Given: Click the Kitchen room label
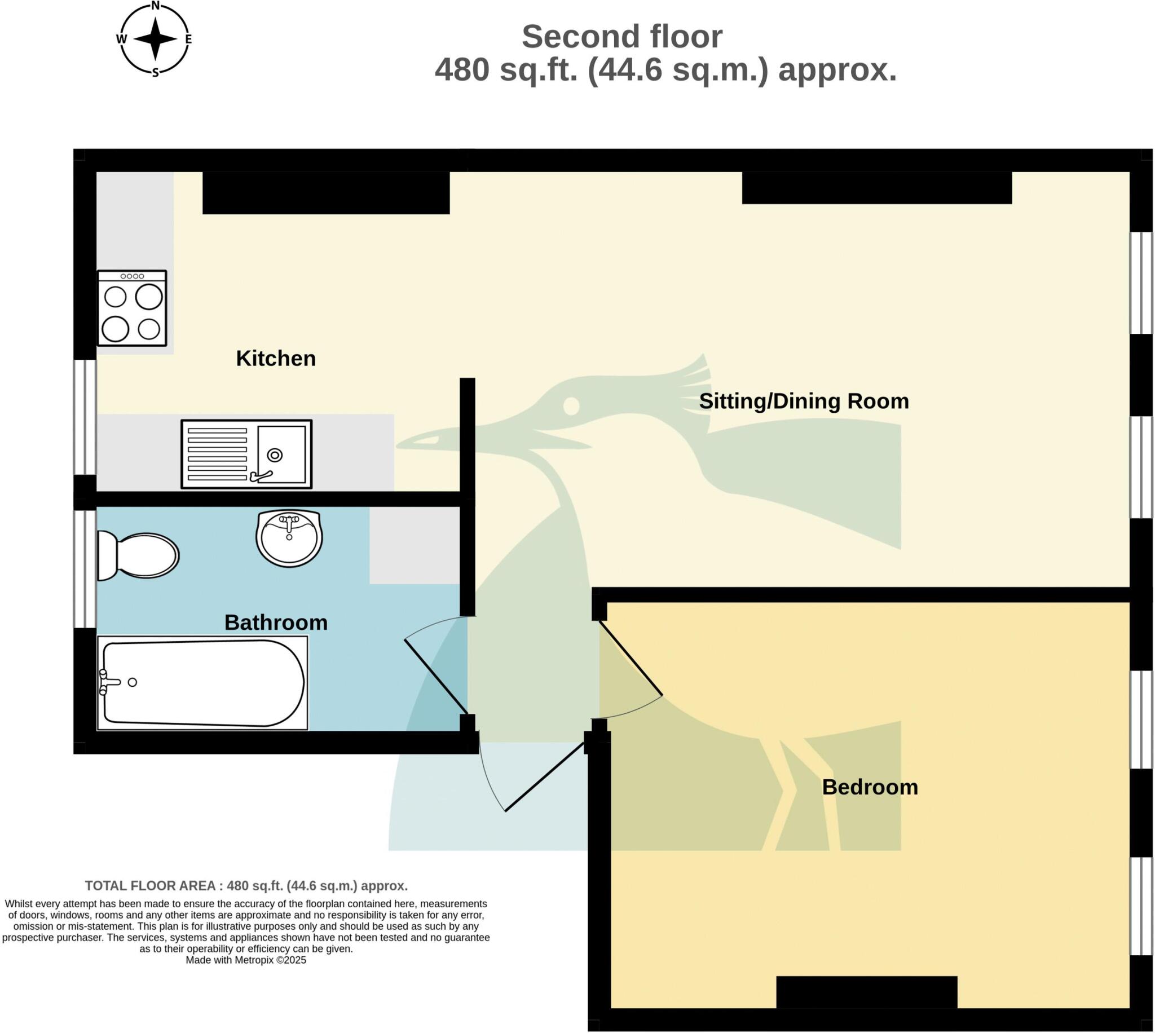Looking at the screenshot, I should pyautogui.click(x=276, y=358).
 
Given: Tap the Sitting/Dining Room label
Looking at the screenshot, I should pyautogui.click(x=804, y=401).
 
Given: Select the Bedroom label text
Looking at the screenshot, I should pyautogui.click(x=870, y=787).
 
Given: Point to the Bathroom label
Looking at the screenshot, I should pyautogui.click(x=276, y=623).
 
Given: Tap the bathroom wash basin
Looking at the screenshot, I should pyautogui.click(x=289, y=537).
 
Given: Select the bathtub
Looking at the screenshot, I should pyautogui.click(x=202, y=683).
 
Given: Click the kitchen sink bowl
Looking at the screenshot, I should pyautogui.click(x=281, y=454).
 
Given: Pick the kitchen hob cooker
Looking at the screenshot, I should pyautogui.click(x=132, y=308).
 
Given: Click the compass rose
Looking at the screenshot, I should pyautogui.click(x=155, y=39).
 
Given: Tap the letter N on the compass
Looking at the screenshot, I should pyautogui.click(x=155, y=6).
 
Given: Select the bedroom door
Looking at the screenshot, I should pyautogui.click(x=631, y=659).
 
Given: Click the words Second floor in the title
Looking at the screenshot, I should pyautogui.click(x=622, y=37).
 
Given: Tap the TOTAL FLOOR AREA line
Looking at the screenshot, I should pyautogui.click(x=246, y=886).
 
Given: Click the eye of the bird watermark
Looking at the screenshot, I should pyautogui.click(x=571, y=406).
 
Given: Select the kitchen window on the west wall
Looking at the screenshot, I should pyautogui.click(x=85, y=417).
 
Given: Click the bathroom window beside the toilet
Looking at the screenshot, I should pyautogui.click(x=85, y=569).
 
